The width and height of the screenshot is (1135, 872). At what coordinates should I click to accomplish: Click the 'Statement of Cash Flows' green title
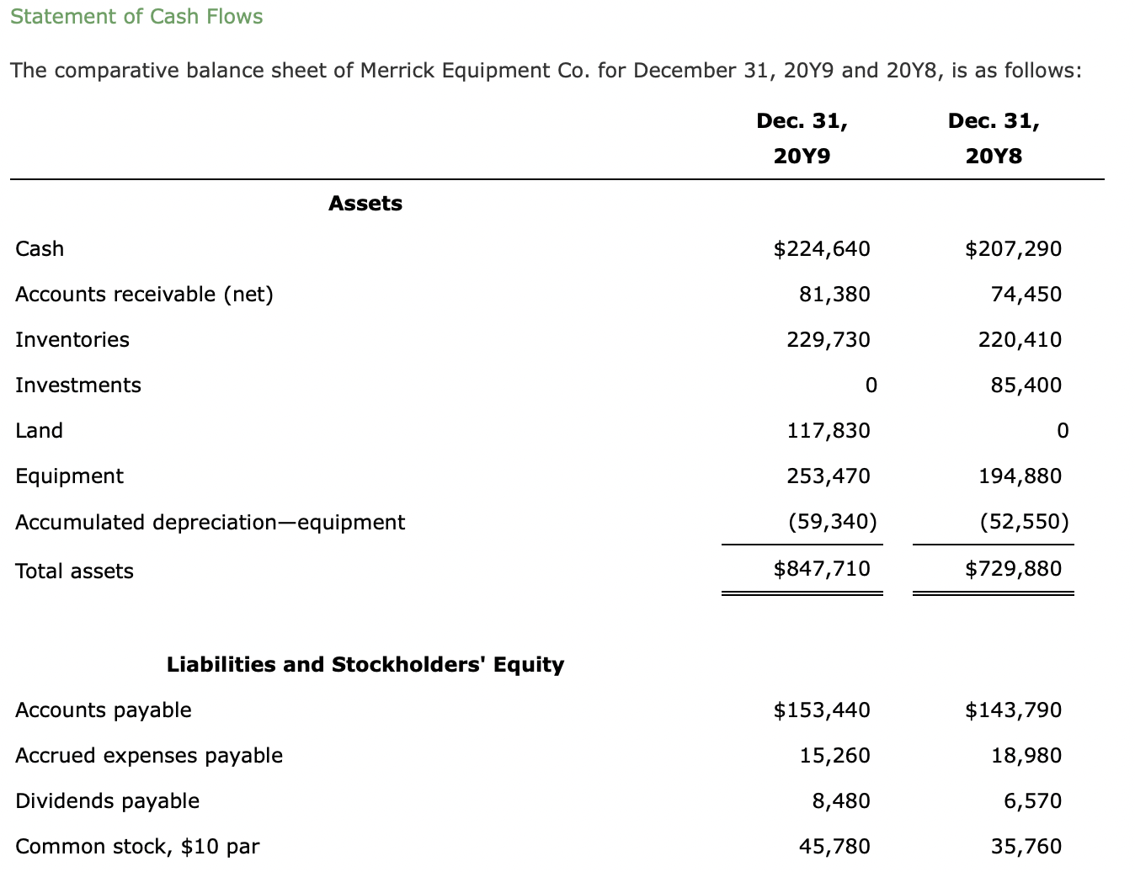coord(136,16)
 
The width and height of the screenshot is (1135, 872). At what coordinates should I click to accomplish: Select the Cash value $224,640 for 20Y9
coord(822,249)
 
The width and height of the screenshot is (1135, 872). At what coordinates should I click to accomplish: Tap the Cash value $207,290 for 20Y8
coord(1013,249)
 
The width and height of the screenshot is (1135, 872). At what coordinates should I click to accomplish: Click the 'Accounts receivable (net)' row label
coord(144,295)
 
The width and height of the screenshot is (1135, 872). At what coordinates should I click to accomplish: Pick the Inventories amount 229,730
coord(829,340)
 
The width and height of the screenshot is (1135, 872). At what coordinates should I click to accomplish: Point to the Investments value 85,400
coord(1026,385)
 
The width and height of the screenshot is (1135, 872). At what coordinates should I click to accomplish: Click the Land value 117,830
coord(829,431)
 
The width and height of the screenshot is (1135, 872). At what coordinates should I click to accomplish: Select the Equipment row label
coord(70,476)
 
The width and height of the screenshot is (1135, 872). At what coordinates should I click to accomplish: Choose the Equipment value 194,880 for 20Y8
coord(1020,476)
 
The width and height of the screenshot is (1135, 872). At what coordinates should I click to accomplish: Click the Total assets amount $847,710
coord(822,569)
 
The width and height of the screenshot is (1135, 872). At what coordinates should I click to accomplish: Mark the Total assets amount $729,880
coord(1013,569)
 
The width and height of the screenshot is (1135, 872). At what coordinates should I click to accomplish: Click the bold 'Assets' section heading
coord(365,203)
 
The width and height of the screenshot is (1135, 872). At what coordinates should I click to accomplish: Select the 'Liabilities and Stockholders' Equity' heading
coord(365,665)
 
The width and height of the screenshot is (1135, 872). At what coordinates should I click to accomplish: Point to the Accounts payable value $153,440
coord(822,710)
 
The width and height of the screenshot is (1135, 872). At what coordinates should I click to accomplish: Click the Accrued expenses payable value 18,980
coord(1026,756)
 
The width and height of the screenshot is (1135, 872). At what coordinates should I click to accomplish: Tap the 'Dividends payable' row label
coord(107,801)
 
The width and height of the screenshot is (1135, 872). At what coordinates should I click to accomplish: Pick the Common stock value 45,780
coord(834,847)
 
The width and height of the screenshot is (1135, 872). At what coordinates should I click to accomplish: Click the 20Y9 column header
coord(802,156)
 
